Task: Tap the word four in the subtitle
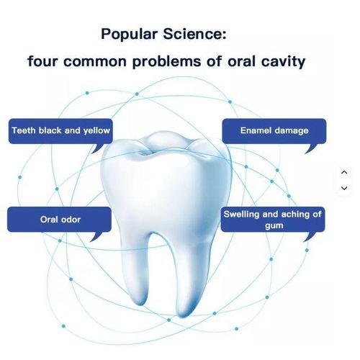pyautogui.click(x=45, y=60)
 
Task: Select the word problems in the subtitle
pyautogui.click(x=166, y=60)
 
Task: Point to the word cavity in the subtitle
pyautogui.click(x=279, y=60)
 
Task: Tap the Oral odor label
pyautogui.click(x=59, y=220)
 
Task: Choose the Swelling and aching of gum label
pyautogui.click(x=273, y=220)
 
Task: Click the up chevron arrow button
pyautogui.click(x=343, y=172)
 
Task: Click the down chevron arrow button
pyautogui.click(x=343, y=187)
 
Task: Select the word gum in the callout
pyautogui.click(x=273, y=225)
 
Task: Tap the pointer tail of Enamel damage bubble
pyautogui.click(x=309, y=149)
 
